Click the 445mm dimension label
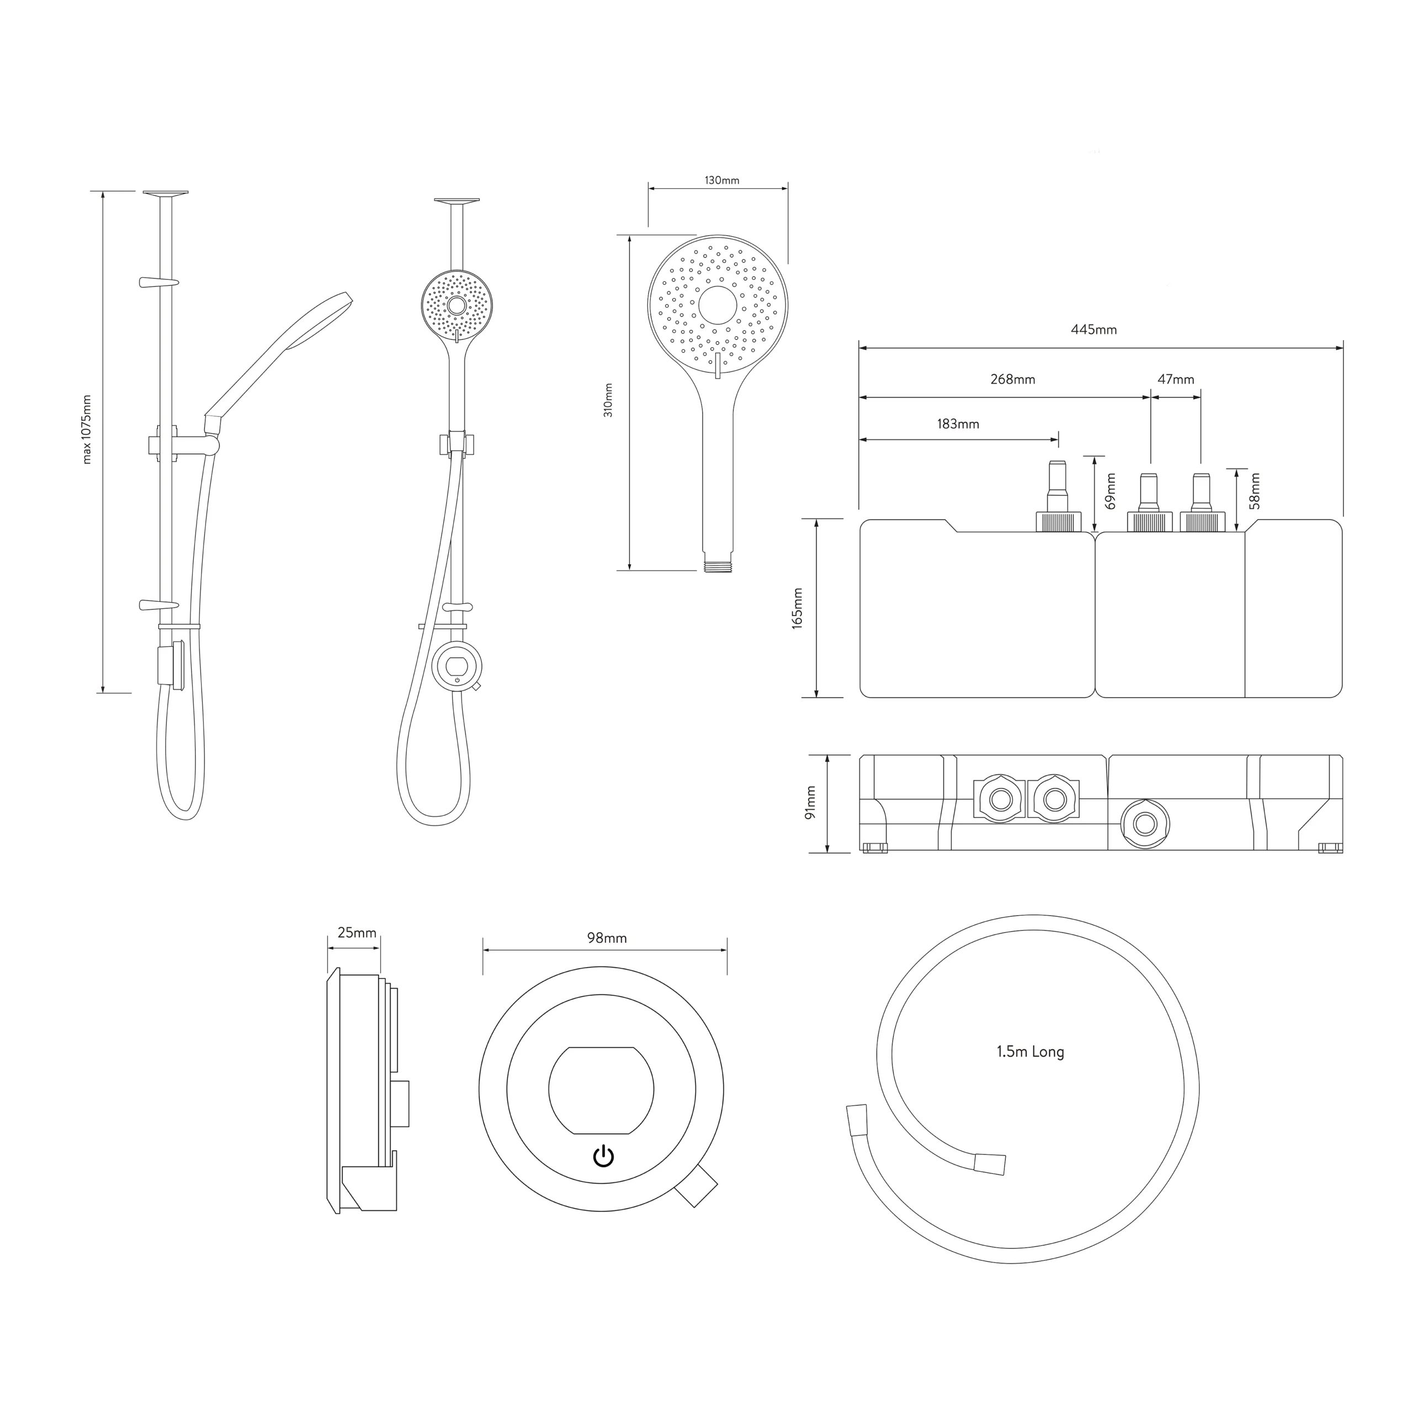(1093, 330)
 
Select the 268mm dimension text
(1012, 380)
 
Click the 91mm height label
(810, 803)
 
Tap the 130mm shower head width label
(722, 180)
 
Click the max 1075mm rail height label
(87, 429)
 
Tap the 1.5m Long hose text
(1030, 1051)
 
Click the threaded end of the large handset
(718, 566)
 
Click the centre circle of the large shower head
(718, 305)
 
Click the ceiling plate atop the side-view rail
(165, 194)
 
